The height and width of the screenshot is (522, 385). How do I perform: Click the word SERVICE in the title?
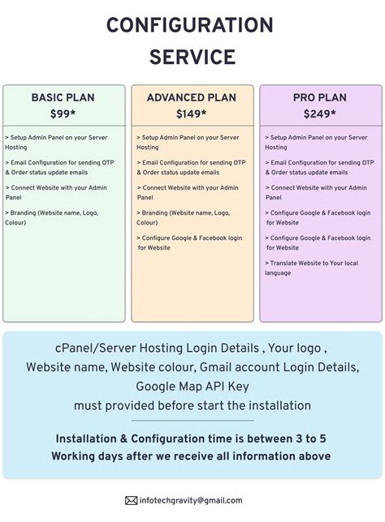coord(192,58)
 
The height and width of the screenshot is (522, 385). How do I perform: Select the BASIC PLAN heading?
coord(63,98)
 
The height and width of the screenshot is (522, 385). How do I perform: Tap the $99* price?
coord(63,114)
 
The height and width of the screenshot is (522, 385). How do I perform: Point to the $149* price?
coord(192,114)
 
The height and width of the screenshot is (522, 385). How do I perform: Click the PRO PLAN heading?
coord(319,98)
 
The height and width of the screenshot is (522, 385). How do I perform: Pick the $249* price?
coord(319,114)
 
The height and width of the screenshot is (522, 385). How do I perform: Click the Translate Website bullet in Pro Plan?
coord(313,267)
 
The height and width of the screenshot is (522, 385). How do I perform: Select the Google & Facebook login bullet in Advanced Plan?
coord(189,242)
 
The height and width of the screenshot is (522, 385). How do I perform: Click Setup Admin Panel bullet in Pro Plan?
coord(316,143)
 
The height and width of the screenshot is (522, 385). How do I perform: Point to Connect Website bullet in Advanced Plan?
coord(188,192)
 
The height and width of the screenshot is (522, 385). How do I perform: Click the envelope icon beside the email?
coord(131,501)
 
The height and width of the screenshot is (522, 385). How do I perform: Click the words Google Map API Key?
coord(192,386)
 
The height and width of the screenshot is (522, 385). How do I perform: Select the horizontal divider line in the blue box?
coord(192,421)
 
